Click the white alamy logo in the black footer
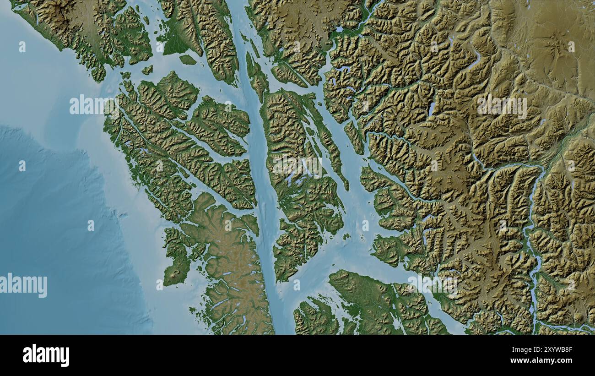(x=46, y=355)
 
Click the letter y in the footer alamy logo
(x=65, y=356)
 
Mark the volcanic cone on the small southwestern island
(x=175, y=275)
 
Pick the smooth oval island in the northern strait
(x=187, y=60)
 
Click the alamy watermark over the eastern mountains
(x=502, y=106)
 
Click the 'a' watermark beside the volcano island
(x=159, y=285)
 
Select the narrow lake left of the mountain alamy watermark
(x=431, y=109)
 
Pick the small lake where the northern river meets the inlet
(x=339, y=29)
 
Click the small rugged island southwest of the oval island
(x=147, y=70)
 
